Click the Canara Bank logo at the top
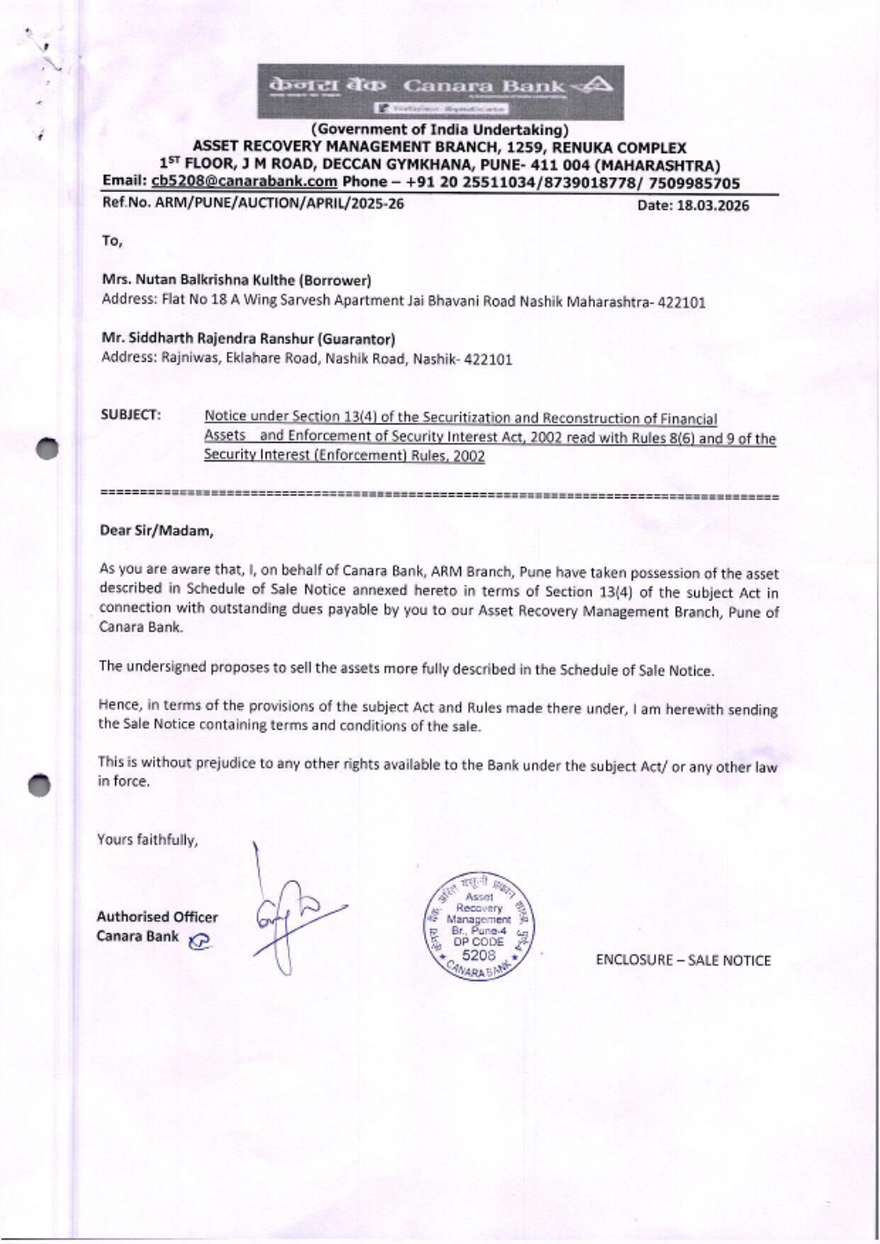click(441, 92)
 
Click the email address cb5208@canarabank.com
click(245, 182)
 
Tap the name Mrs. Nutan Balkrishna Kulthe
click(199, 281)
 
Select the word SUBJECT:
click(131, 415)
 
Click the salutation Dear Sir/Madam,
click(156, 531)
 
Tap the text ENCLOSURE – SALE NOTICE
click(683, 961)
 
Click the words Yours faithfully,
click(148, 840)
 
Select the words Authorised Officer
click(158, 917)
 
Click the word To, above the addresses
click(112, 241)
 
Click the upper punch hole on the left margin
click(47, 448)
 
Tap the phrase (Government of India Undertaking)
click(439, 132)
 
